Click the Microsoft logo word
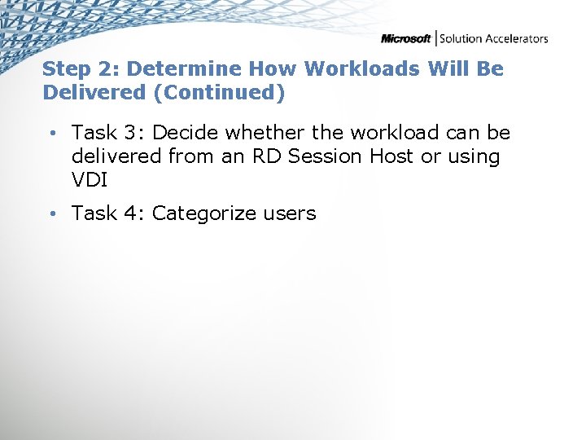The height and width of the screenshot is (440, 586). coord(406,38)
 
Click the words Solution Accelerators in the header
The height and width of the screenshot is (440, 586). coord(494,38)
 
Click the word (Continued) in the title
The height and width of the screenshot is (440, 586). coord(219,93)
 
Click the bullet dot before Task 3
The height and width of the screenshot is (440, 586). coord(50,133)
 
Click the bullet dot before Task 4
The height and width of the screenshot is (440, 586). coord(50,214)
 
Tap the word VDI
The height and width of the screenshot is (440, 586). coord(90,179)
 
